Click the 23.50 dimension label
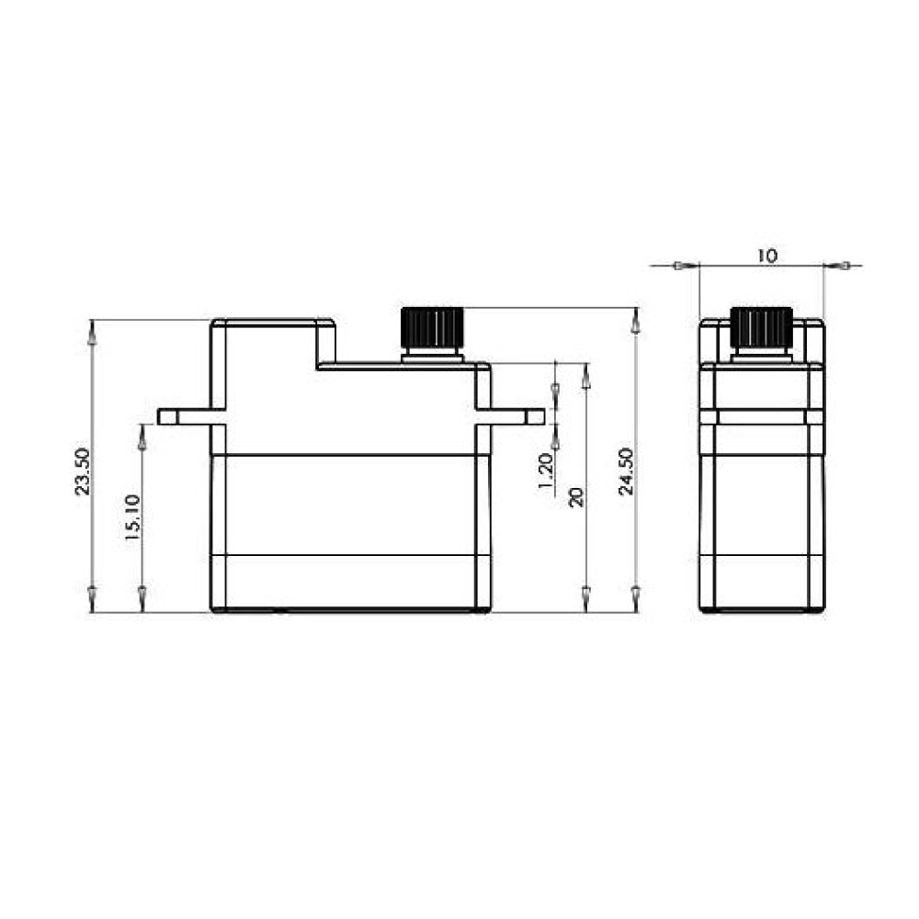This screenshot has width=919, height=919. pos(83,471)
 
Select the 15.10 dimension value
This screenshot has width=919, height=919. pos(132,516)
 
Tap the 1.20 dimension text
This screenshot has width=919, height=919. pos(546,471)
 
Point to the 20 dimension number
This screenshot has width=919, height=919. pos(577,497)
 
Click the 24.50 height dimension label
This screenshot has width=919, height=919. pos(627,471)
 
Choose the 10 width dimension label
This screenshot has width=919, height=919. pos(766,256)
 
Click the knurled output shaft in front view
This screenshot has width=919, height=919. pos(433,327)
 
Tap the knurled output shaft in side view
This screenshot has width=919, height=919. pos(762,327)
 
